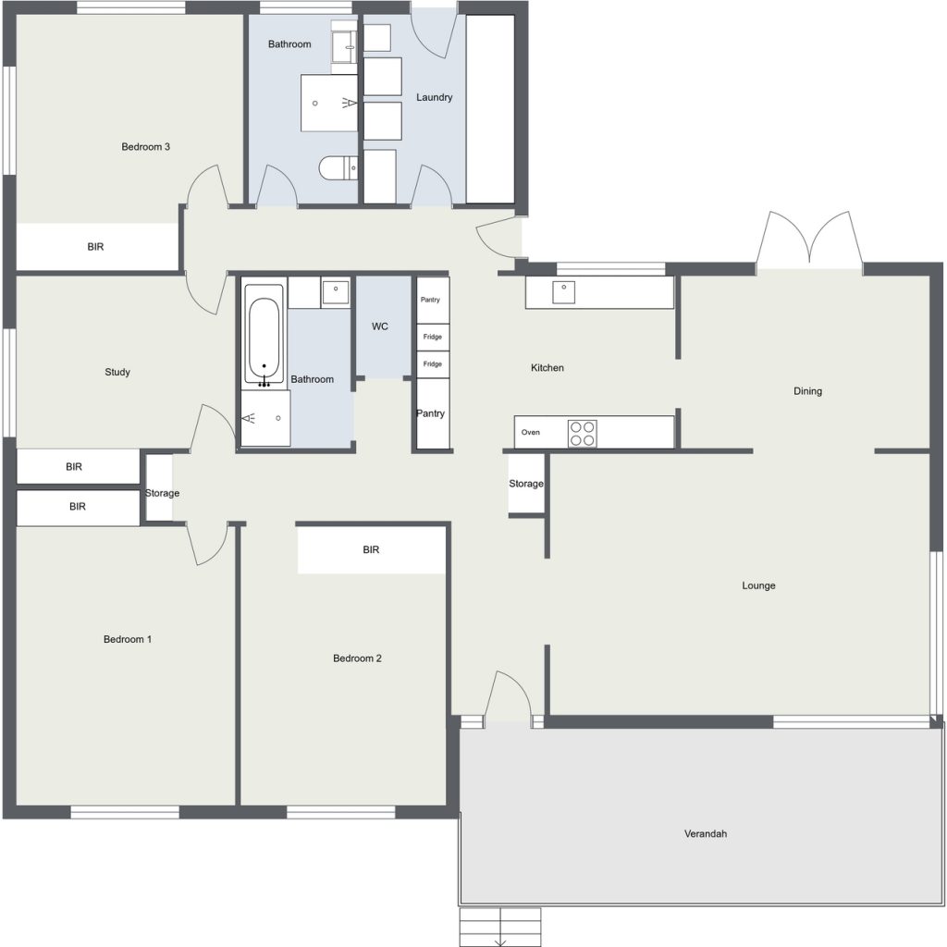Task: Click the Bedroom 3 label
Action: pos(145,147)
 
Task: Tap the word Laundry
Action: pos(435,97)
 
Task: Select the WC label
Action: pos(380,326)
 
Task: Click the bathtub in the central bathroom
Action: pos(264,334)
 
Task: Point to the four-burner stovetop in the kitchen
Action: pos(583,433)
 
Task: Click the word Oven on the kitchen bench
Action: pos(530,433)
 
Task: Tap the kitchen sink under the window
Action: pos(563,292)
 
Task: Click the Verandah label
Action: pos(706,834)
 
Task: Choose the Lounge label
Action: pos(758,585)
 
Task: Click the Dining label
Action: pos(807,391)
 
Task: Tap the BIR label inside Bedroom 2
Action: pos(371,549)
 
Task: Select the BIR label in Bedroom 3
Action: pos(95,246)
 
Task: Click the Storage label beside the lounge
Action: pos(526,484)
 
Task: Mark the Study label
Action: pos(117,372)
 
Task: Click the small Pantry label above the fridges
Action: pos(430,300)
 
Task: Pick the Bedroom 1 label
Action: pos(128,640)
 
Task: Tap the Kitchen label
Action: pos(547,368)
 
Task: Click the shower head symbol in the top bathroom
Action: pos(350,104)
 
